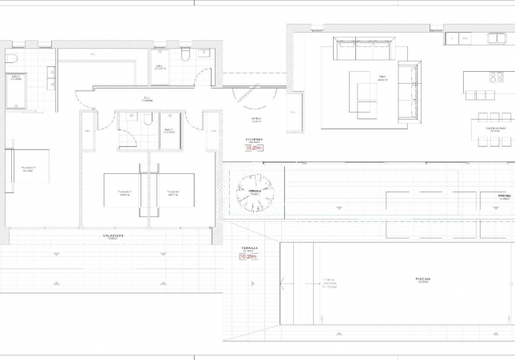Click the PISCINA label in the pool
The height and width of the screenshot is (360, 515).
tap(422, 279)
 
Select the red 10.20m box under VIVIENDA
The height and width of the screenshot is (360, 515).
tap(254, 148)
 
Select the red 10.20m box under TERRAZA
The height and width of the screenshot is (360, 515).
tap(249, 257)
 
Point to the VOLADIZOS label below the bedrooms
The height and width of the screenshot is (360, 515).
tap(112, 236)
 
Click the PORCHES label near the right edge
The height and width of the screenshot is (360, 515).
tap(503, 196)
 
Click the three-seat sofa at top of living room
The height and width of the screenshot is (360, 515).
tap(364, 52)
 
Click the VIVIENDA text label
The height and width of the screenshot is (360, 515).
tap(255, 139)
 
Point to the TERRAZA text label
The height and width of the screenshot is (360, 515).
tap(249, 248)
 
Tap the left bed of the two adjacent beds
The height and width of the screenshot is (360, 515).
tap(124, 191)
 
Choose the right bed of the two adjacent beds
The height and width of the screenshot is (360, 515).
tap(172, 191)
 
